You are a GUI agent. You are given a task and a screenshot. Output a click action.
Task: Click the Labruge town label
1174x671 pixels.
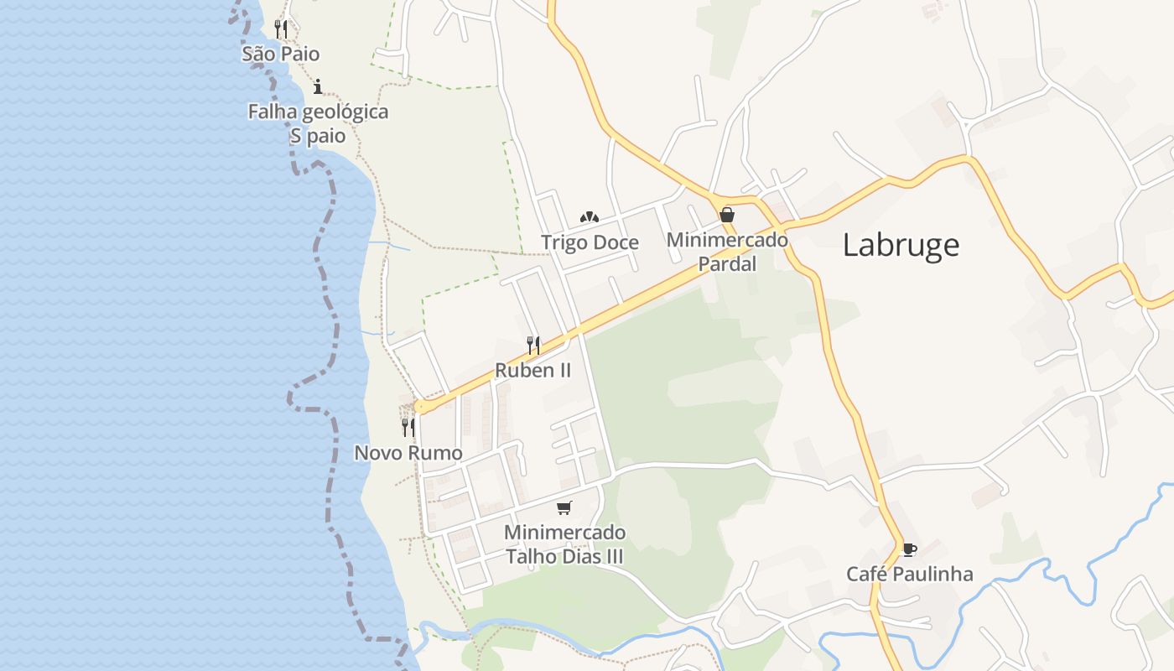pyautogui.click(x=901, y=245)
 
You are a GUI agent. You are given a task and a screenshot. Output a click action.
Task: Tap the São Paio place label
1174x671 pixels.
pyautogui.click(x=281, y=54)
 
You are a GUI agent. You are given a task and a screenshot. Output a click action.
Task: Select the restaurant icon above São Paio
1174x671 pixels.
pyautogui.click(x=281, y=29)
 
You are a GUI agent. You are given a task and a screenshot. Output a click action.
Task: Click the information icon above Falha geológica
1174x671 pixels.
pyautogui.click(x=318, y=86)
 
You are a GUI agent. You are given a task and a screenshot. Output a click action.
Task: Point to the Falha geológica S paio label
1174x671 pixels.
pyautogui.click(x=318, y=123)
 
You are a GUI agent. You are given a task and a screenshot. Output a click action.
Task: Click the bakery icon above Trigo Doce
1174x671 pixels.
pyautogui.click(x=590, y=217)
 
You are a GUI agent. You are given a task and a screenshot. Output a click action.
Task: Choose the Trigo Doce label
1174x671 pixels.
pyautogui.click(x=590, y=242)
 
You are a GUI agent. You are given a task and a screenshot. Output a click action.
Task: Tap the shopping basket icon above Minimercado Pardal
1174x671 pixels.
pyautogui.click(x=727, y=215)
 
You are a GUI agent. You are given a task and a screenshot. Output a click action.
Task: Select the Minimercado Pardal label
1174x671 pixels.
pyautogui.click(x=727, y=252)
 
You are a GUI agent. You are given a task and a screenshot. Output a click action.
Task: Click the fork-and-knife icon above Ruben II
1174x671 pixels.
pyautogui.click(x=532, y=345)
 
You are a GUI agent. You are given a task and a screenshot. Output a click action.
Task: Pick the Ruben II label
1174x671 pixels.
pyautogui.click(x=532, y=370)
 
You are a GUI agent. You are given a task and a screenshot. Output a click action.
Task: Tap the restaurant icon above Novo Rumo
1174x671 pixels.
pyautogui.click(x=408, y=427)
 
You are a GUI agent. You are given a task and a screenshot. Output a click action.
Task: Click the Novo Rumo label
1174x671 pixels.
pyautogui.click(x=408, y=453)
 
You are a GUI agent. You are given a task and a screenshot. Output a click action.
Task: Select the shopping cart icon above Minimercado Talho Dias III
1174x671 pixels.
pyautogui.click(x=564, y=507)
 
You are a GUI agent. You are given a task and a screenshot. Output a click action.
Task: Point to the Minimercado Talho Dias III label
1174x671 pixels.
pyautogui.click(x=564, y=544)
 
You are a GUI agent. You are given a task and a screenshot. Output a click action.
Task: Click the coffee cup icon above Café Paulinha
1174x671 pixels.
pyautogui.click(x=909, y=549)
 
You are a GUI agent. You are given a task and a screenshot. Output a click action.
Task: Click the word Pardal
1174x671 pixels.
pyautogui.click(x=727, y=264)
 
